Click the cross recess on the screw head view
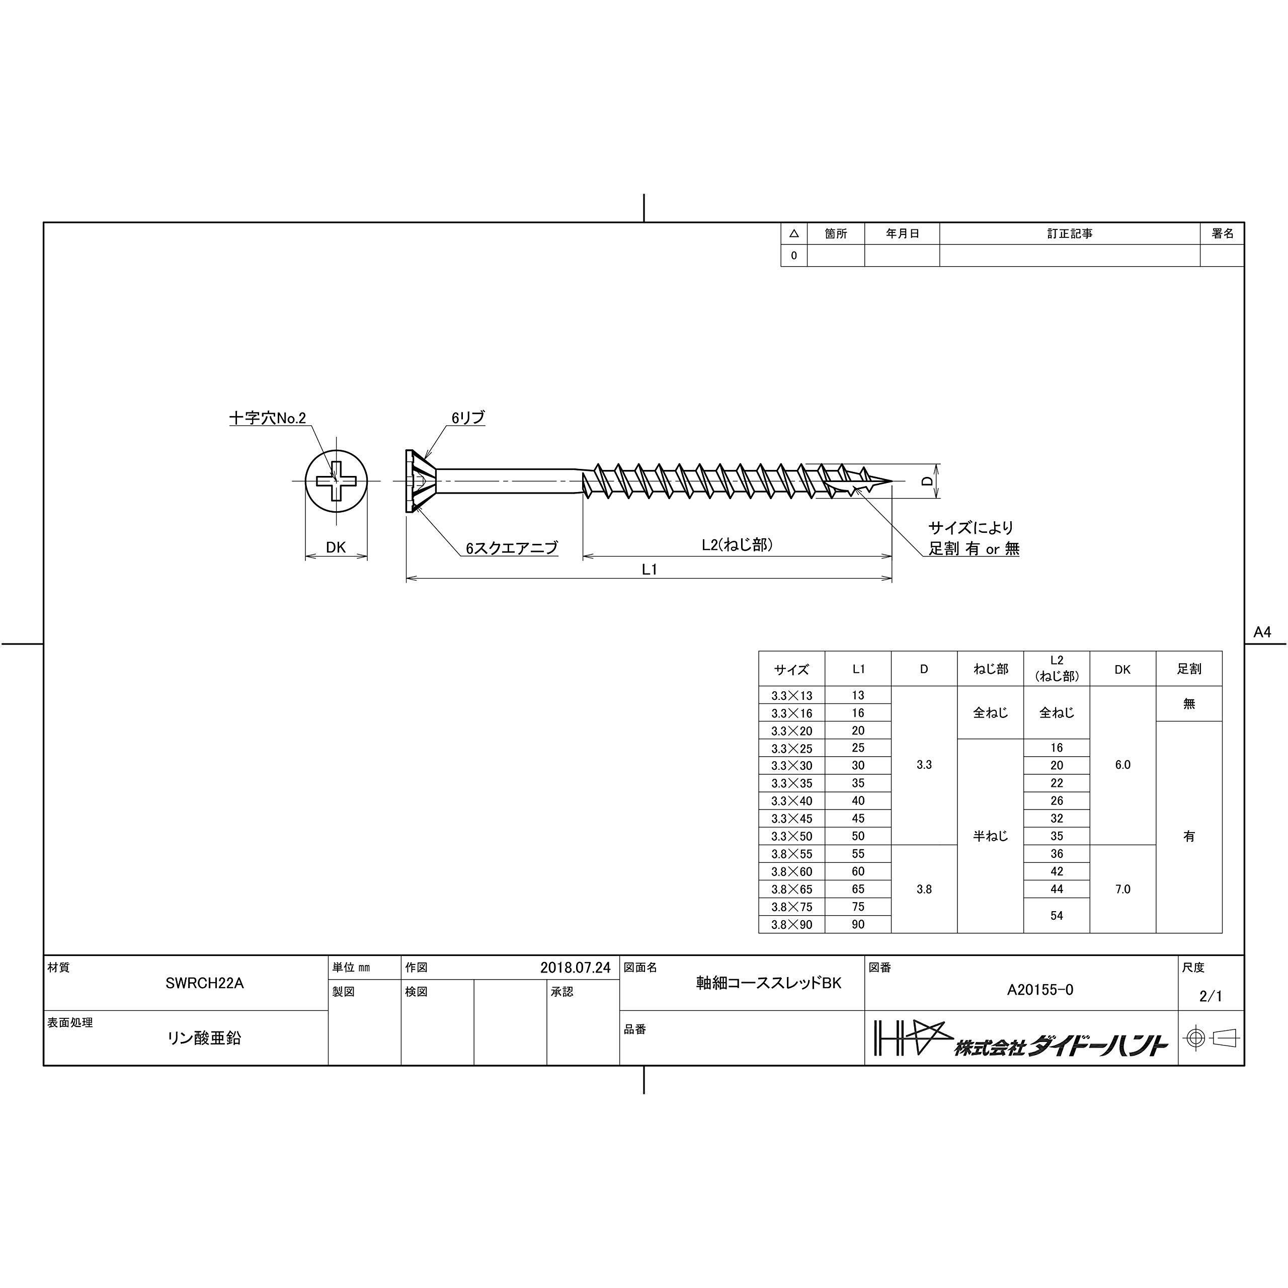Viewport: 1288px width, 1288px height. coord(336,480)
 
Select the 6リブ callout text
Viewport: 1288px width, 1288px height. coord(467,418)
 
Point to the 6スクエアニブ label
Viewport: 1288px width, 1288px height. coord(511,548)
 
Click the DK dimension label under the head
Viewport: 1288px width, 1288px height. coord(336,547)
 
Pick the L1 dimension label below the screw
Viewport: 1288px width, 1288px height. coord(650,570)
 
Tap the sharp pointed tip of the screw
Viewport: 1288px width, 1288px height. coord(890,480)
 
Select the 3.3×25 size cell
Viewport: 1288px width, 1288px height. coord(791,749)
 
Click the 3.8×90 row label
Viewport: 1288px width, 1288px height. coord(791,925)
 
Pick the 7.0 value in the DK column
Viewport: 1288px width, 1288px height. coord(1122,890)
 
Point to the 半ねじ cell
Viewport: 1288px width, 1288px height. coord(990,836)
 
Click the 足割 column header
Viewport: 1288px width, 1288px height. coord(1189,669)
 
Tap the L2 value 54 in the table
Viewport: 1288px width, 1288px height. coord(1057,915)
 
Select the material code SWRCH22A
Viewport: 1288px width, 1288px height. coord(205,983)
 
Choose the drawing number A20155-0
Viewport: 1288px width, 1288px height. coord(1040,990)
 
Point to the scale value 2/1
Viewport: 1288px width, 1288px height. coord(1211,996)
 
